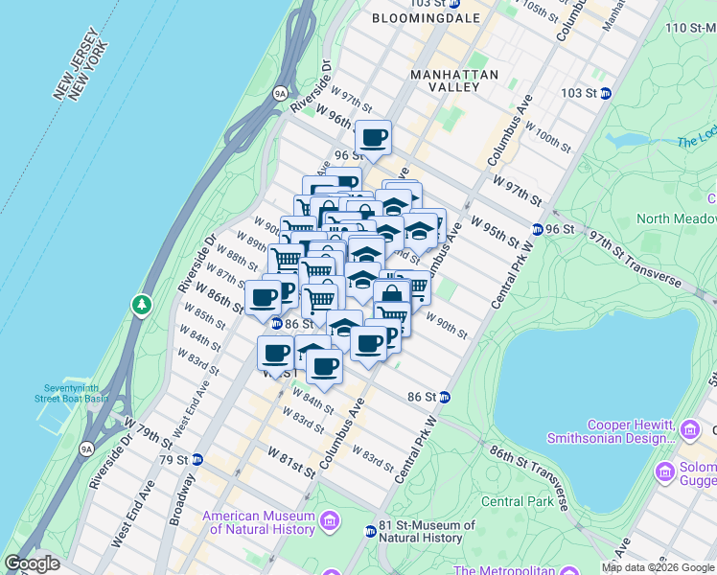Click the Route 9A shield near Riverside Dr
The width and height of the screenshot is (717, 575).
pos(280,94)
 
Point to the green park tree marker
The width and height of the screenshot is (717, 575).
pos(142,305)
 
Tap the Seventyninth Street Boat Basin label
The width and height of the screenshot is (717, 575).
pos(71,393)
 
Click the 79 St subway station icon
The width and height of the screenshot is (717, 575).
pos(197,460)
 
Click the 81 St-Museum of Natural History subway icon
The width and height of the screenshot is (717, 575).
pos(370,531)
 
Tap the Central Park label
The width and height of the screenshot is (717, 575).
pos(516,501)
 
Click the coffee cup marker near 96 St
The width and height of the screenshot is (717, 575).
pos(373,137)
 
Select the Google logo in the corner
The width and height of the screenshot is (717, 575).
pos(32,563)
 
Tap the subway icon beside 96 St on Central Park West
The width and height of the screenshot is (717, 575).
pos(539,230)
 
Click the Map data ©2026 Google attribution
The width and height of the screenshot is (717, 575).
pos(659,568)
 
